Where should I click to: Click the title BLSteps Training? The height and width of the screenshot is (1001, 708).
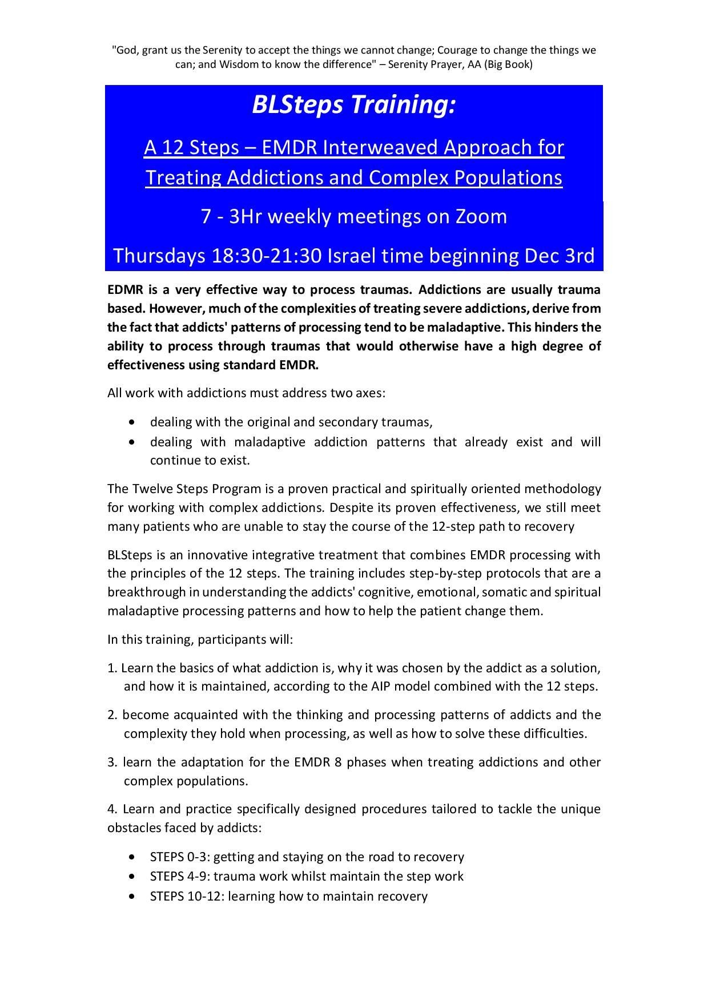point(354,105)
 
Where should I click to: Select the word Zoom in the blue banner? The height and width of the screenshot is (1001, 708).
point(479,216)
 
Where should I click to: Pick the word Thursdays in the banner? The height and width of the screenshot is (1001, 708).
point(159,256)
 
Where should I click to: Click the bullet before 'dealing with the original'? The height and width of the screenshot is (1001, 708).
point(133,423)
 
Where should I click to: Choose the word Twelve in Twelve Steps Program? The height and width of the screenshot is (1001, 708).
point(150,489)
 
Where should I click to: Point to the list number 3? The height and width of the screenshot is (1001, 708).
point(111,762)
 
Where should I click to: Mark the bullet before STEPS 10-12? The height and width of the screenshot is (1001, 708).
point(133,897)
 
